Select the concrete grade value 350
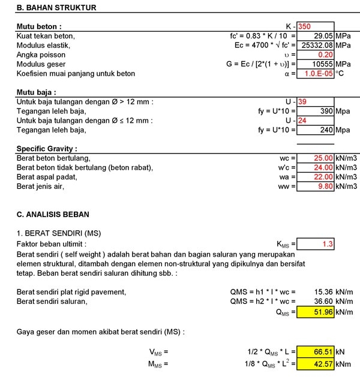pos(305,26)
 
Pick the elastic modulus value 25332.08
pos(316,45)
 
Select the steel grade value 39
pos(303,101)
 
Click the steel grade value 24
pos(303,120)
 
